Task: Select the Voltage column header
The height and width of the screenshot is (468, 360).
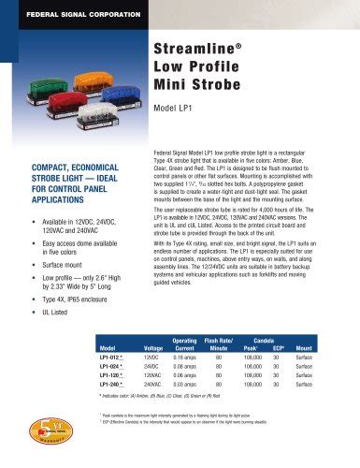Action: [153, 347]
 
